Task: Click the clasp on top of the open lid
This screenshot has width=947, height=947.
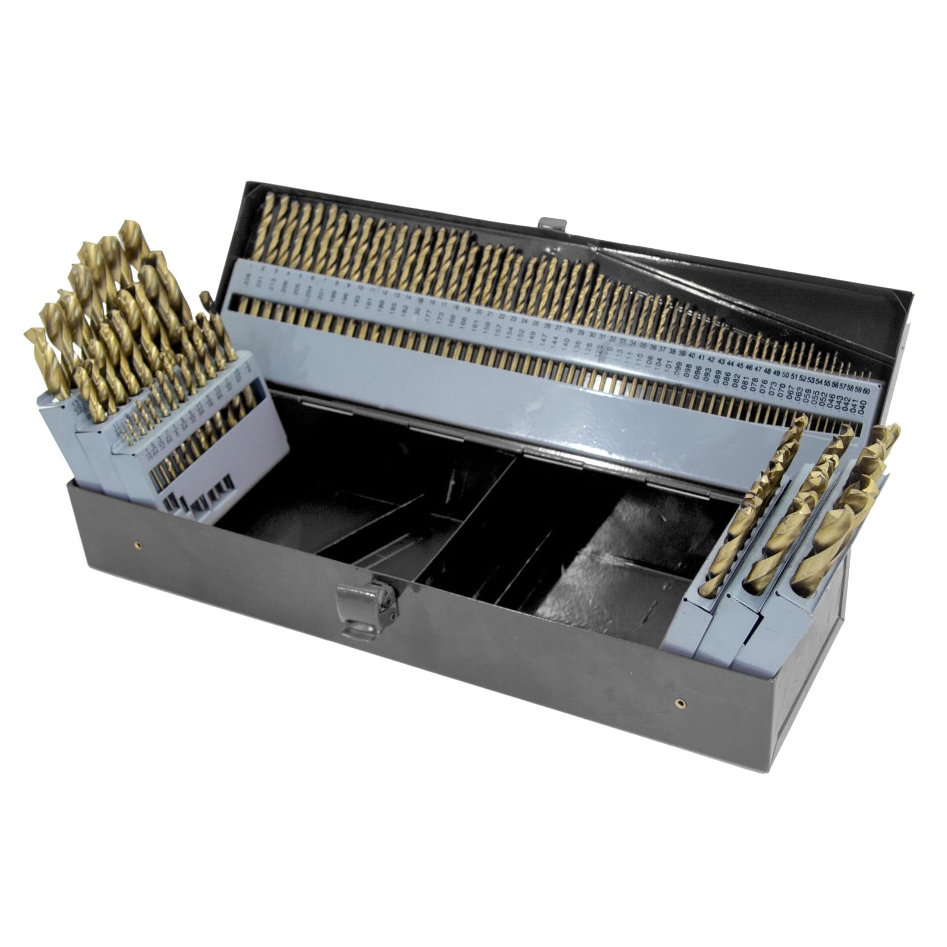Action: (552, 224)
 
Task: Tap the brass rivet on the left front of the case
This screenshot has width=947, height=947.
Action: (139, 545)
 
